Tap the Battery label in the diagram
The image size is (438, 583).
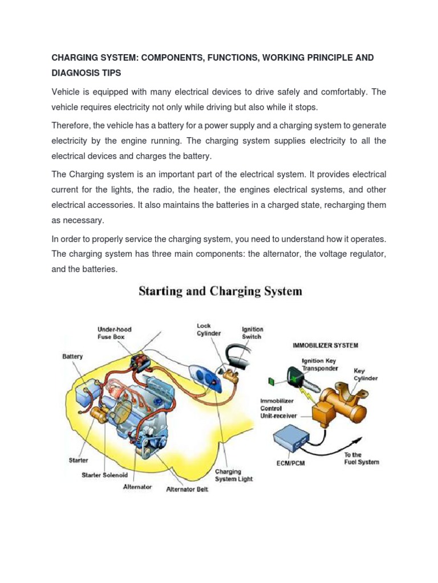(x=72, y=357)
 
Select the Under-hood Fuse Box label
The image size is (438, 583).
(x=114, y=333)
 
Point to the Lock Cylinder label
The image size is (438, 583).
(x=209, y=329)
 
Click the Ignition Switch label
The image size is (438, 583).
(x=252, y=332)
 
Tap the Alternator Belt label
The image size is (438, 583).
(x=187, y=489)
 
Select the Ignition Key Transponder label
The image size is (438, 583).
(x=320, y=364)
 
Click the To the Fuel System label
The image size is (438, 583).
(x=361, y=458)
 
